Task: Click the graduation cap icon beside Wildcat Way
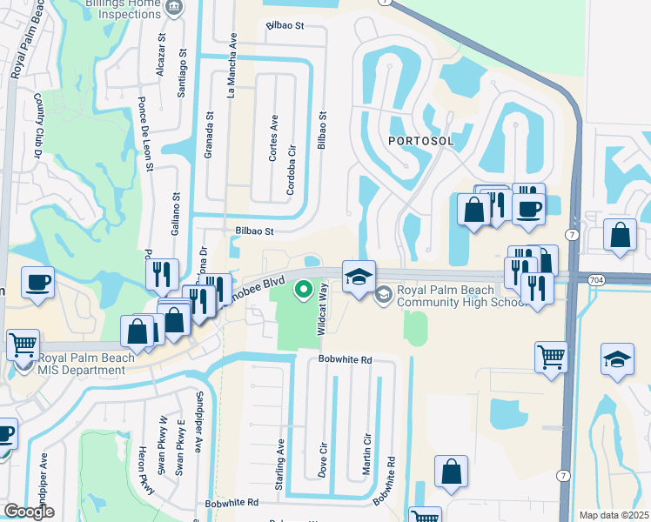359,277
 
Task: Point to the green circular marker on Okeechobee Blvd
304,288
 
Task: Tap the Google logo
29,512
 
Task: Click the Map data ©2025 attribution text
614,515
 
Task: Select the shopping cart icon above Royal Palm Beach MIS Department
23,343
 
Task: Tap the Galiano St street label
176,214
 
